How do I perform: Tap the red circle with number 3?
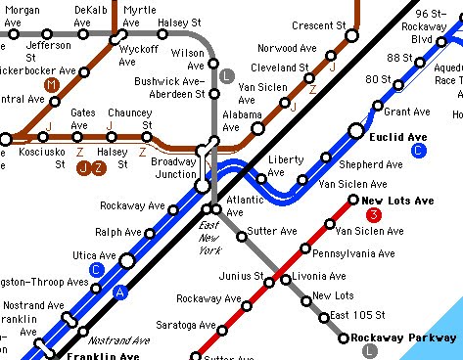[372, 215]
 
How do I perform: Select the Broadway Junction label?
[174, 167]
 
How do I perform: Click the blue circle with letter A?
[120, 292]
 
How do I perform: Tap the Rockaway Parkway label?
[404, 337]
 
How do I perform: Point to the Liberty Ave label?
[286, 165]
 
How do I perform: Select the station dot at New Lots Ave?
[353, 201]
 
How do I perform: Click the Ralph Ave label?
[117, 232]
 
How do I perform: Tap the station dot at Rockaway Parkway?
[344, 338]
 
